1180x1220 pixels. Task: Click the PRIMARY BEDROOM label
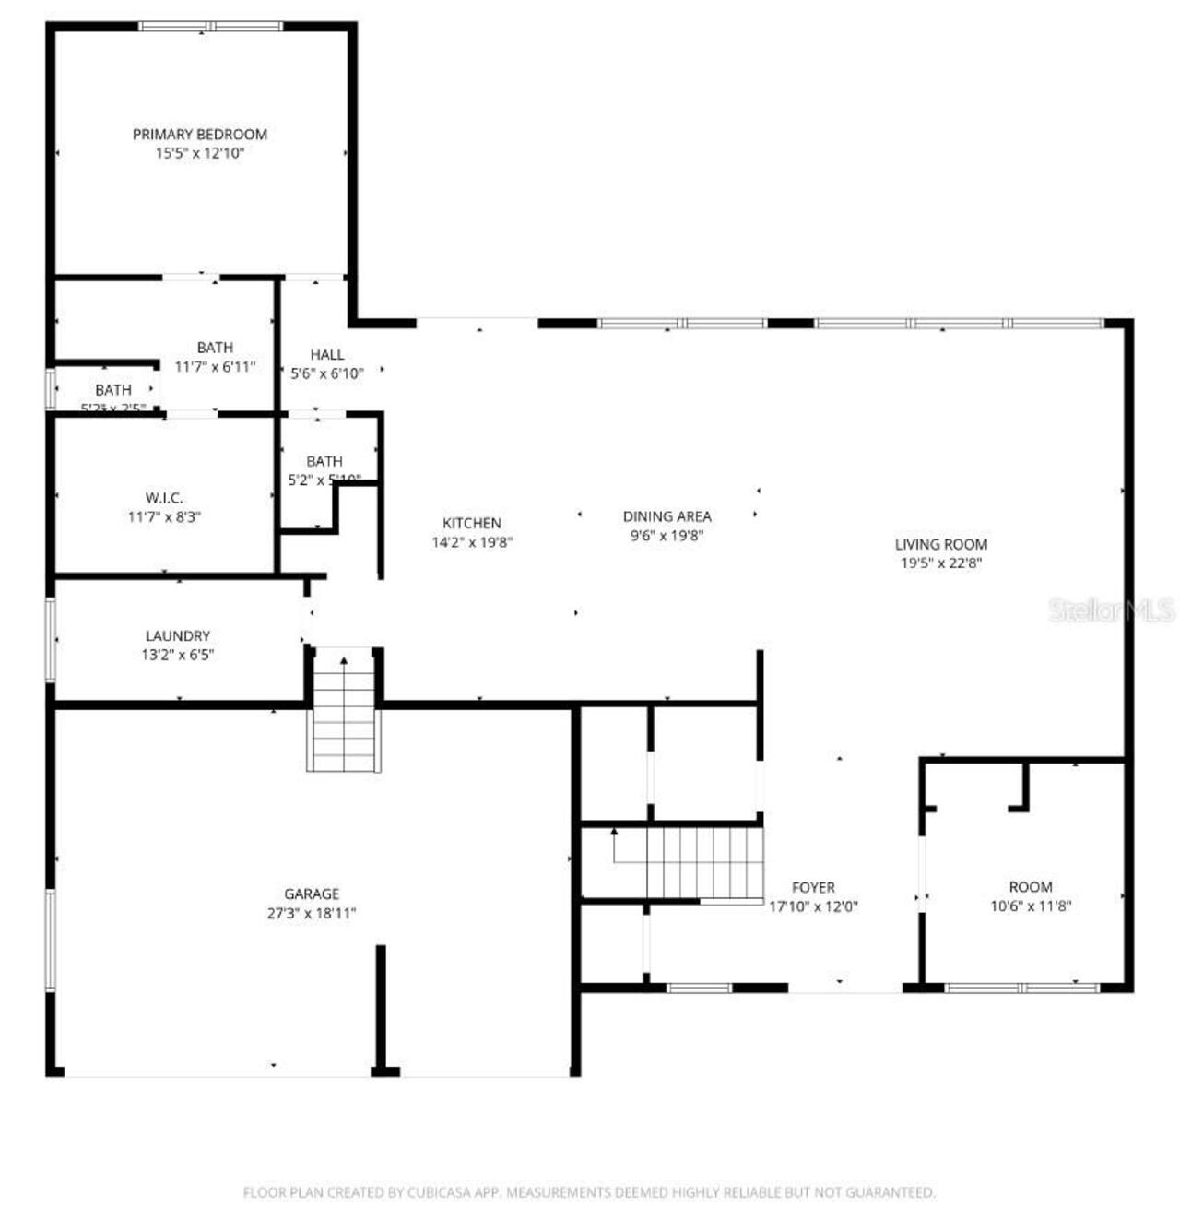coord(199,135)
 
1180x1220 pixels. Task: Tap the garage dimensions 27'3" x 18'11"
coord(312,914)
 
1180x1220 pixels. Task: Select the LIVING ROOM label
coord(940,544)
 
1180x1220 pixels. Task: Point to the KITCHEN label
coord(471,523)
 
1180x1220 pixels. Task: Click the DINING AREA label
coord(667,516)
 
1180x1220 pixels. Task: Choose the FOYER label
coord(813,887)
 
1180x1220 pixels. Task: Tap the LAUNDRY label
coord(178,635)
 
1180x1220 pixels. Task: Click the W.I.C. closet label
coord(164,498)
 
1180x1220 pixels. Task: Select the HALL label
coord(327,354)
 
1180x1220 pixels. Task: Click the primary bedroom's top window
coord(211,27)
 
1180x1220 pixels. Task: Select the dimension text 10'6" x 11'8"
coord(1031,906)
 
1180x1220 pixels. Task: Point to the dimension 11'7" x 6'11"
coord(215,367)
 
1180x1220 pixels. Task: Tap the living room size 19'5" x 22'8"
coord(940,563)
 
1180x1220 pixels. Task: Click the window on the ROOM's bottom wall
coord(1022,988)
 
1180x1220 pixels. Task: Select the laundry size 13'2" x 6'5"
coord(178,655)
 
